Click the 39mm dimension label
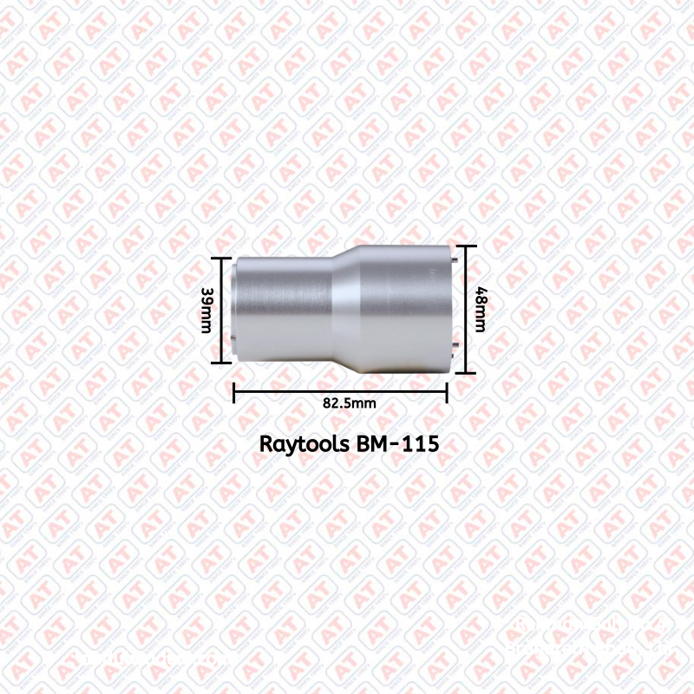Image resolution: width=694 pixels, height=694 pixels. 206,311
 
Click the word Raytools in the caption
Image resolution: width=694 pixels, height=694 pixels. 305,443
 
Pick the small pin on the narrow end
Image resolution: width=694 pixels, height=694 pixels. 234,341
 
